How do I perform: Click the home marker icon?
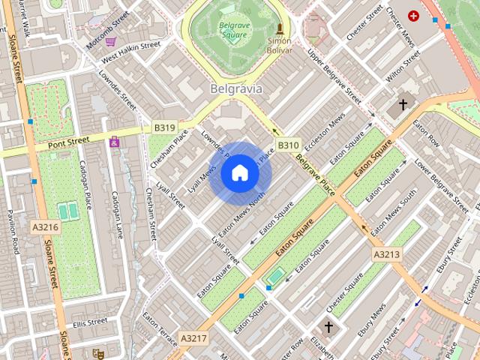tap(239, 173)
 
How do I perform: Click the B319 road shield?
tap(164, 127)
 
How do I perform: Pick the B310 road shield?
tap(288, 145)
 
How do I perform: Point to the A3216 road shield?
tap(45, 226)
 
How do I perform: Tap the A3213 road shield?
tap(387, 255)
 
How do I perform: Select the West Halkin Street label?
tap(131, 50)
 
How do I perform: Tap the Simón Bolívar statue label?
tap(280, 44)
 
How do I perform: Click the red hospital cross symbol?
tap(412, 15)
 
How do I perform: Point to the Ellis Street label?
tap(90, 322)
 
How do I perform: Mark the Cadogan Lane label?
tap(118, 214)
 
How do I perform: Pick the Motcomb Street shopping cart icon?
tap(111, 42)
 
